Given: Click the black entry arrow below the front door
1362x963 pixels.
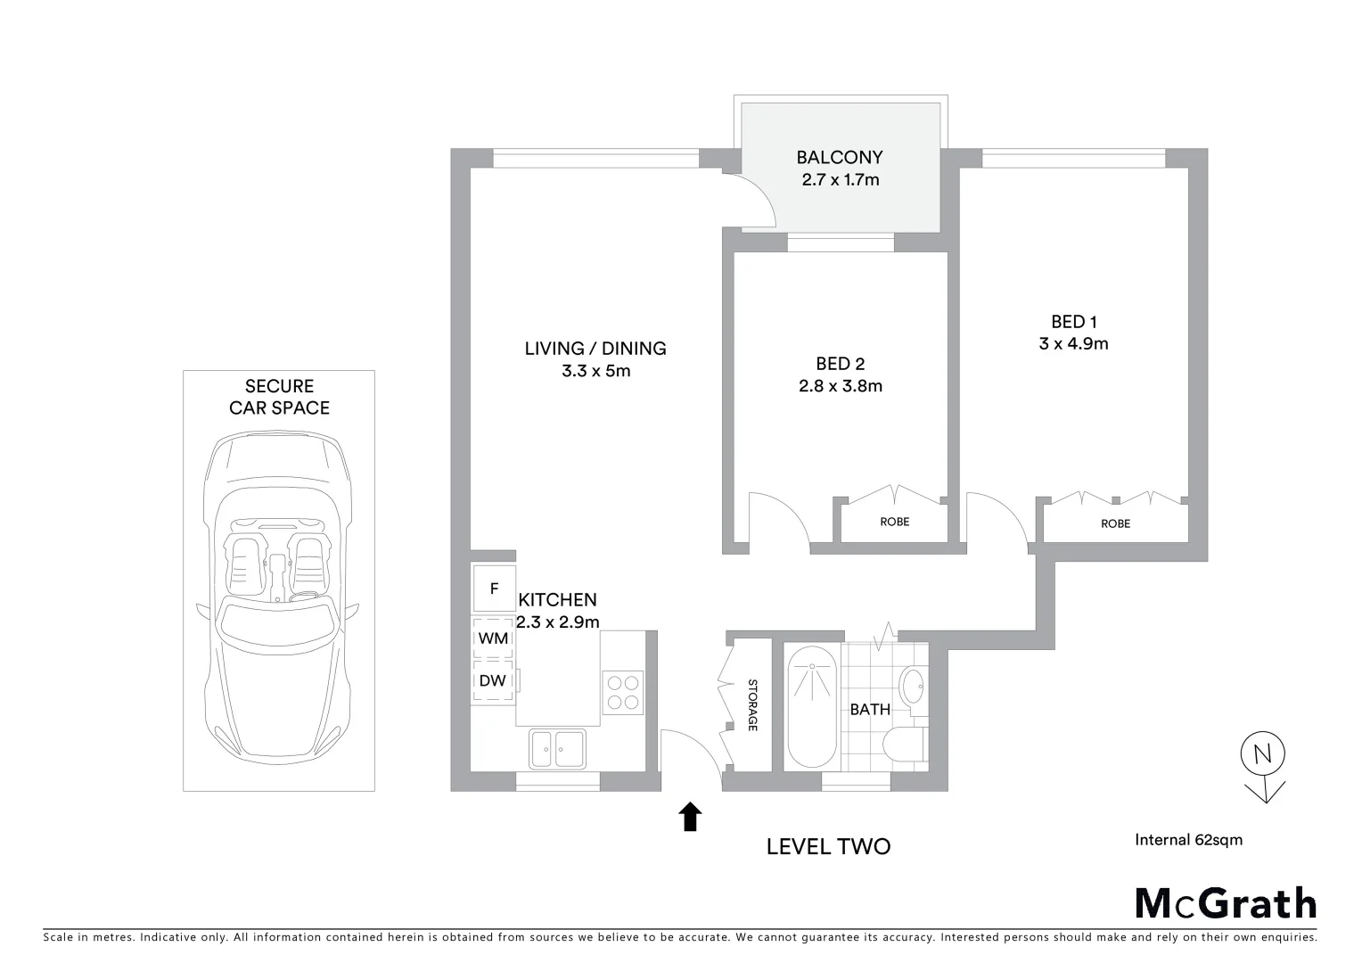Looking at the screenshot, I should click(x=690, y=817).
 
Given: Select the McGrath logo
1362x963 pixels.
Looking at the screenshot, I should click(x=1225, y=903).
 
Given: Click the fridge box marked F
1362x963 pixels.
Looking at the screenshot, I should click(x=494, y=589).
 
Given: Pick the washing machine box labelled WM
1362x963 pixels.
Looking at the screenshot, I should click(x=493, y=638).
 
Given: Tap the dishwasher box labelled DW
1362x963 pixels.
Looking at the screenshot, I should click(x=493, y=680).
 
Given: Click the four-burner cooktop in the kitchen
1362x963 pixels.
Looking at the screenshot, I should click(x=623, y=691).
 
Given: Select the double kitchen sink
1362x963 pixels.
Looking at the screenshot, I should click(x=557, y=748).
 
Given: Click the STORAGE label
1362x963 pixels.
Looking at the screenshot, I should click(x=752, y=705).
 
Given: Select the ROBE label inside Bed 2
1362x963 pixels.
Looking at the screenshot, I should click(x=894, y=522).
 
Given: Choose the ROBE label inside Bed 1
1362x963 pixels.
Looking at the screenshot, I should click(x=1115, y=523).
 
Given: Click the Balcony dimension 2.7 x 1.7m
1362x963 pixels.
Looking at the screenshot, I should click(x=840, y=179).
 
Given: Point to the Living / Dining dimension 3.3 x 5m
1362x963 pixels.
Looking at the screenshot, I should click(x=595, y=371).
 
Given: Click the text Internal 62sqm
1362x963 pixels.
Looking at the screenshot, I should click(x=1188, y=839).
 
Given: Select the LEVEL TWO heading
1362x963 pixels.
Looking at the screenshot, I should click(x=828, y=846).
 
